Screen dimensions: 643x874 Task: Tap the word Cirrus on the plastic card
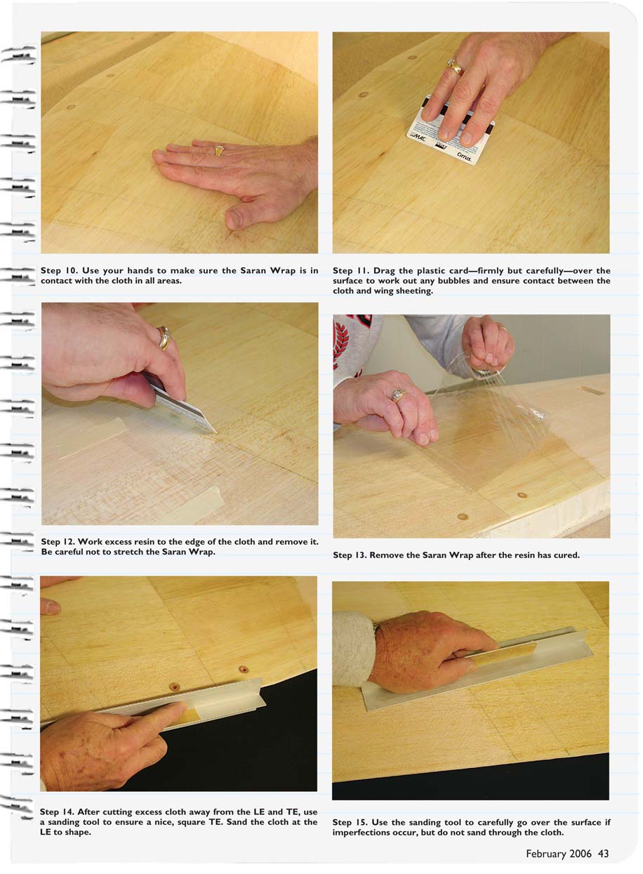pos(464,157)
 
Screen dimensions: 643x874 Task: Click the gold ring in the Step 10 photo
pos(219,150)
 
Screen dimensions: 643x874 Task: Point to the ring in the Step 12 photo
pos(164,338)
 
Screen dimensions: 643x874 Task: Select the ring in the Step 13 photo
pos(398,395)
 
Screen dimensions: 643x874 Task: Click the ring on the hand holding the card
pos(455,66)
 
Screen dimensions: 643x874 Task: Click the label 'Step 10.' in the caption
pos(58,270)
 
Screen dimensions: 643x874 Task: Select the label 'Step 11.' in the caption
pos(350,270)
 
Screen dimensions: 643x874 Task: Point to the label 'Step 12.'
pos(58,541)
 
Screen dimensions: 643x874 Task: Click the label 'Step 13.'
pos(349,555)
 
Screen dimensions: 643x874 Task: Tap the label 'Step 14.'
pos(57,812)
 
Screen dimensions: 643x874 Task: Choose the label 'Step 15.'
pos(349,822)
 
